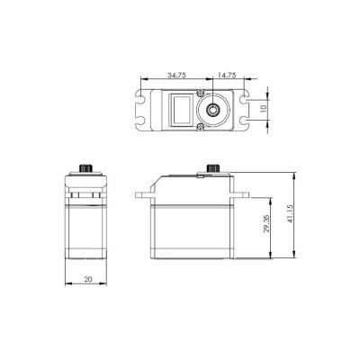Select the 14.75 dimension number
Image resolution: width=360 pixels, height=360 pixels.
tap(227, 76)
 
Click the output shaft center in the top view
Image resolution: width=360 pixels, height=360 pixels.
tap(213, 108)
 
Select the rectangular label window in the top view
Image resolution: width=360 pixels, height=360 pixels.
tap(182, 109)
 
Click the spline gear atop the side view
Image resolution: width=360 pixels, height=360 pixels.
tap(213, 168)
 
